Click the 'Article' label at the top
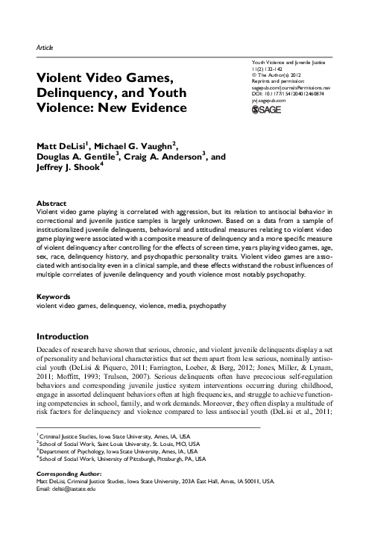click(x=45, y=47)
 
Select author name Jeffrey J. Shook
click(x=67, y=170)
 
